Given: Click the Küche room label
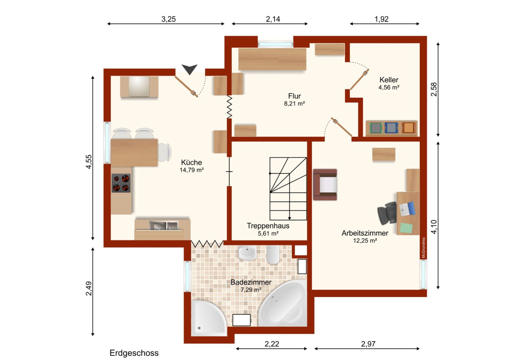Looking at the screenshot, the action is pyautogui.click(x=191, y=162).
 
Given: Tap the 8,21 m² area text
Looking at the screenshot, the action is pyautogui.click(x=294, y=104).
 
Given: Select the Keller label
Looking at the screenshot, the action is pyautogui.click(x=389, y=80).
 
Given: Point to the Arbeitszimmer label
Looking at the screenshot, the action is pyautogui.click(x=365, y=233).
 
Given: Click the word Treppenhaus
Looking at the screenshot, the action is pyautogui.click(x=268, y=226).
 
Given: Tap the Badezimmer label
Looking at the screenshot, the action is pyautogui.click(x=251, y=282).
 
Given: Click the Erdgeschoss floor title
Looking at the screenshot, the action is pyautogui.click(x=134, y=353).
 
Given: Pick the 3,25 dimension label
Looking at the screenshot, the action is pyautogui.click(x=169, y=19).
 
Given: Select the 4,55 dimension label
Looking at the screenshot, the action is pyautogui.click(x=89, y=162).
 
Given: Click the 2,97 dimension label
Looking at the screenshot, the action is pyautogui.click(x=368, y=344).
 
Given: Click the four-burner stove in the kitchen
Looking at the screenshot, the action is pyautogui.click(x=121, y=183).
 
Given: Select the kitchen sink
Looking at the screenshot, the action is pyautogui.click(x=164, y=226).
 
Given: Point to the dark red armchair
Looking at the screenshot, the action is pyautogui.click(x=325, y=185).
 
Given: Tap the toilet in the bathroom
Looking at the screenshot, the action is pyautogui.click(x=273, y=255).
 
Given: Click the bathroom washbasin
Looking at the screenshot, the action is pyautogui.click(x=248, y=252).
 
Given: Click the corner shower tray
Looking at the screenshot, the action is pyautogui.click(x=209, y=318).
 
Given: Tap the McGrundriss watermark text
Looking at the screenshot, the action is pyautogui.click(x=423, y=248).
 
